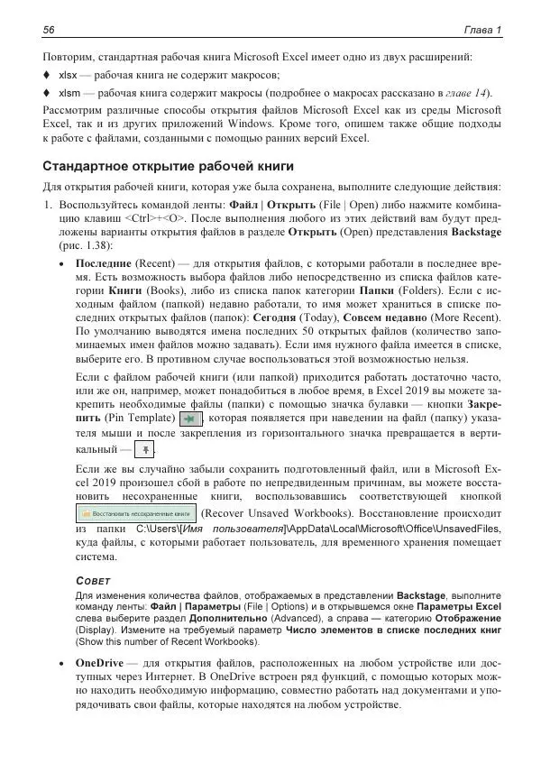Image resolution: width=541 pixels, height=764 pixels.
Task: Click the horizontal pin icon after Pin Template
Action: click(x=190, y=419)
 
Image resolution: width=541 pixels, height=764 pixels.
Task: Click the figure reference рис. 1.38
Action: click(x=83, y=245)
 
